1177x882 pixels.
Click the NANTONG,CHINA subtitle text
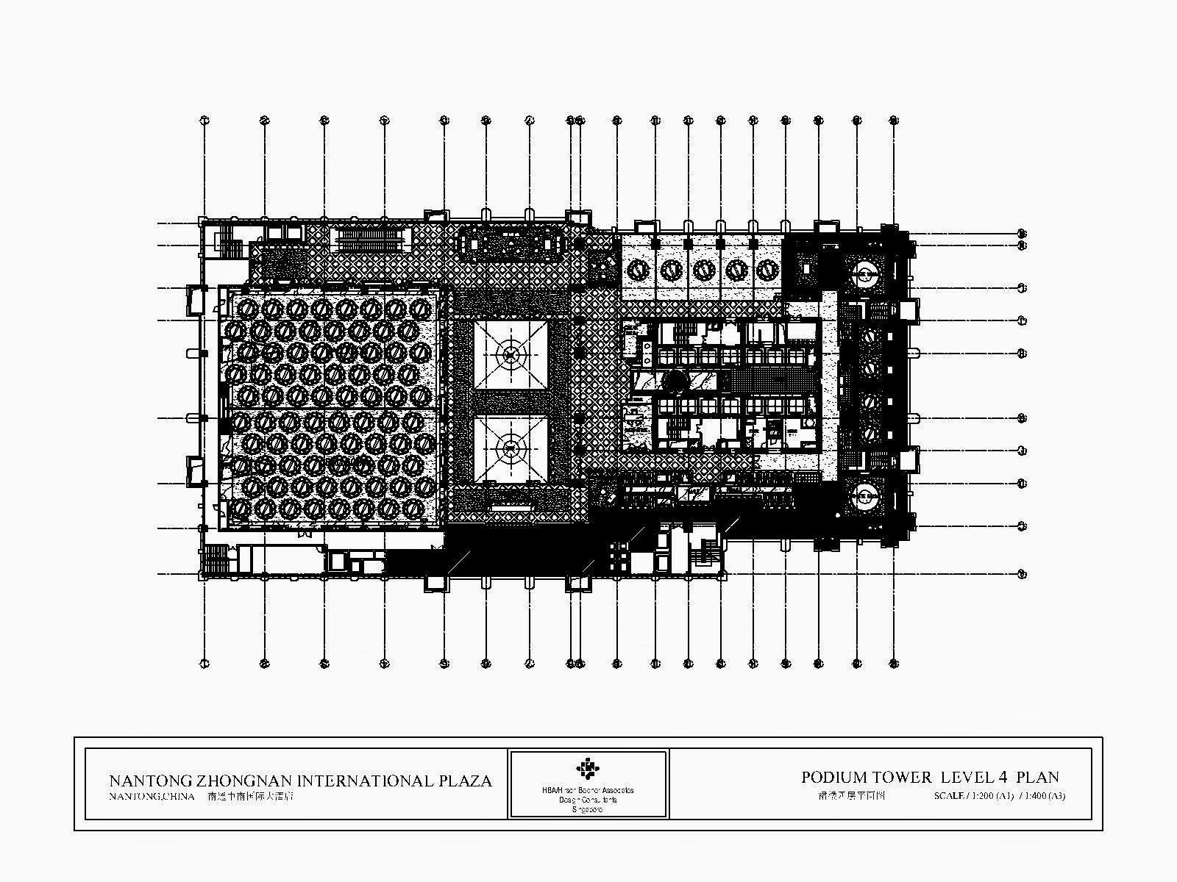pyautogui.click(x=152, y=796)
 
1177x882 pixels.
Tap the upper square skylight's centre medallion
pyautogui.click(x=510, y=354)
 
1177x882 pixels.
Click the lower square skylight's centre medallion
pyautogui.click(x=510, y=446)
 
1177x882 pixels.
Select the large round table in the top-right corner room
pyautogui.click(x=865, y=276)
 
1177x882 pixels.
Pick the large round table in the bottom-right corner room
pyautogui.click(x=865, y=498)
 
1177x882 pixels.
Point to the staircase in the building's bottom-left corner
pyautogui.click(x=216, y=559)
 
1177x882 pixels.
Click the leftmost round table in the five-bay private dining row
pyautogui.click(x=638, y=270)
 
